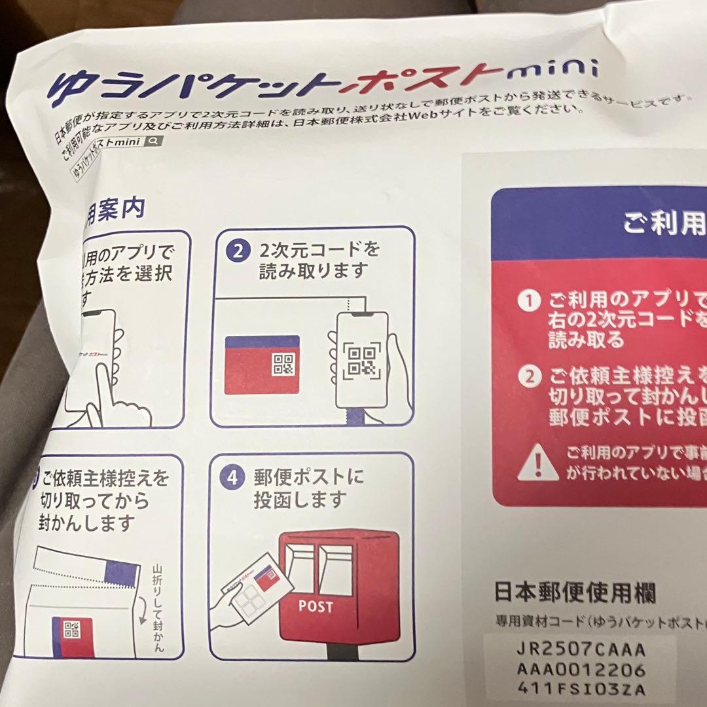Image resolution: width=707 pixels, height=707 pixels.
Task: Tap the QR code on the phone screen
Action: pos(362,361)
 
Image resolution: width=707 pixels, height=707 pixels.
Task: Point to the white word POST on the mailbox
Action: pos(316,606)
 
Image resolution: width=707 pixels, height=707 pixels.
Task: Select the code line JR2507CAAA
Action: pos(581,650)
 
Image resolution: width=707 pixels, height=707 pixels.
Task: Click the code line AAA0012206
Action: pos(581,670)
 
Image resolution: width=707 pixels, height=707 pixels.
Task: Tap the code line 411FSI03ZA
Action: pos(581,689)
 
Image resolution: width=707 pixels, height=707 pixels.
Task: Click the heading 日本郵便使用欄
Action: pos(574,593)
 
